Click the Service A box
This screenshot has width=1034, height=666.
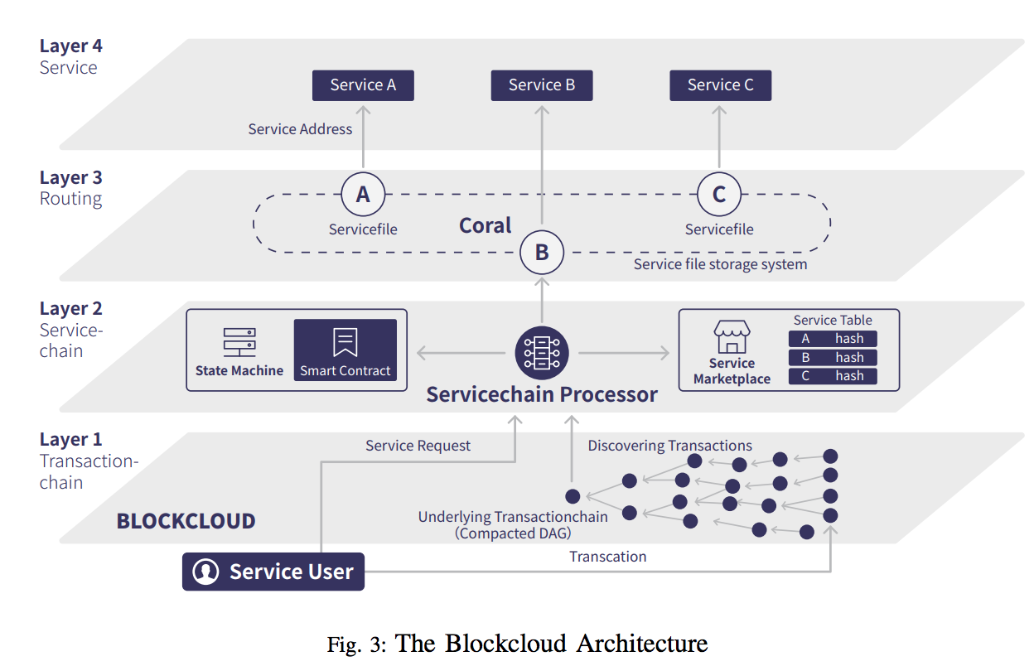[x=363, y=85]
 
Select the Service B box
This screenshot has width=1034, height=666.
[x=542, y=85]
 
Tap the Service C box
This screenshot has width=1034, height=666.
[x=721, y=85]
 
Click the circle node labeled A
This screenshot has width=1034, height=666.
[x=363, y=194]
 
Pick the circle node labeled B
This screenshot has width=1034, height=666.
[x=542, y=252]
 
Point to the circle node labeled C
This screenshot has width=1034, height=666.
[x=719, y=194]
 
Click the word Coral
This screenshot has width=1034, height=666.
[x=486, y=225]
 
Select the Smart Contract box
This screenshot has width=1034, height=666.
[x=345, y=350]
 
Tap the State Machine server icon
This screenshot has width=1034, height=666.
[x=239, y=342]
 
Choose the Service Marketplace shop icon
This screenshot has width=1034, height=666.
[x=732, y=337]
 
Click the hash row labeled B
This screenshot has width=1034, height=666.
[x=833, y=358]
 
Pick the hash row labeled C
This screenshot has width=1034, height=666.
[x=833, y=376]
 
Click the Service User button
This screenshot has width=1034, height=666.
[x=273, y=572]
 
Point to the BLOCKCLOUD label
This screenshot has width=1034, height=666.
[x=186, y=521]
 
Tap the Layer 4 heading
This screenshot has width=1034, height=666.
[x=71, y=46]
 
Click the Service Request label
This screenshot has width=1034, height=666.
[x=418, y=446]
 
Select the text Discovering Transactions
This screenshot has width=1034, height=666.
[x=670, y=446]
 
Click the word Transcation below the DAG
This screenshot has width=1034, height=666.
[x=608, y=557]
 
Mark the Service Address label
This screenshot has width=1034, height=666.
[x=300, y=129]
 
